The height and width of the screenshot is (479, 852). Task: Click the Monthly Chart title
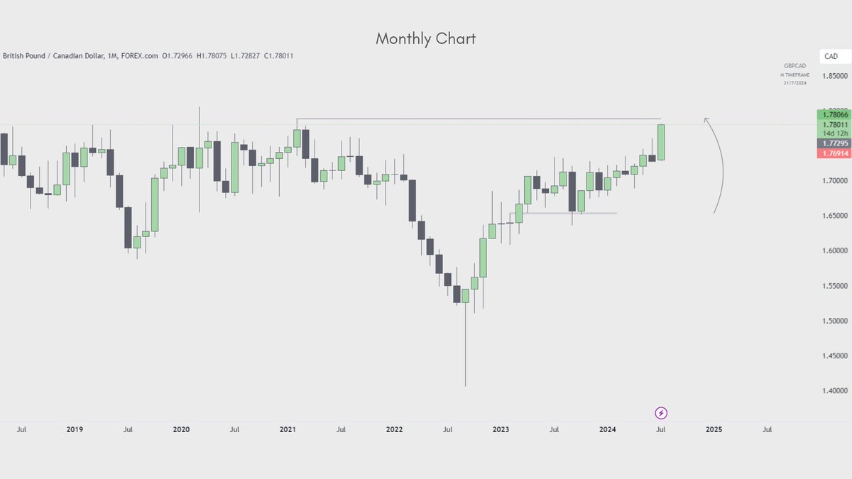coord(425,38)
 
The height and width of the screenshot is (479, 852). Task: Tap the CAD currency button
coord(831,56)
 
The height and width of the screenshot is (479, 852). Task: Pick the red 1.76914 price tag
coord(834,153)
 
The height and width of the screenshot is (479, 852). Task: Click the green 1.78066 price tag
coord(834,114)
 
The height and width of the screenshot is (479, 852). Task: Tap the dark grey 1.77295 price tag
coord(834,143)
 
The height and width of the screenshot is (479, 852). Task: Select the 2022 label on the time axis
coord(394,429)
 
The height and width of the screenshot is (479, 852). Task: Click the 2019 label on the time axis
coord(75,429)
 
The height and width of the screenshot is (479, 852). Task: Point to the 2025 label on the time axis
coord(714,429)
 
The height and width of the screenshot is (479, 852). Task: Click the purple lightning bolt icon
coord(661,413)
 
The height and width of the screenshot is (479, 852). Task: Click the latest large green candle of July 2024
coord(661,142)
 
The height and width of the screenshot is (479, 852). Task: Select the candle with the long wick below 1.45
coord(465,295)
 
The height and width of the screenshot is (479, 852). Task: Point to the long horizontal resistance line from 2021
coord(476,119)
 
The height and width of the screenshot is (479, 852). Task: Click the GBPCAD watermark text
coord(795,66)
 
